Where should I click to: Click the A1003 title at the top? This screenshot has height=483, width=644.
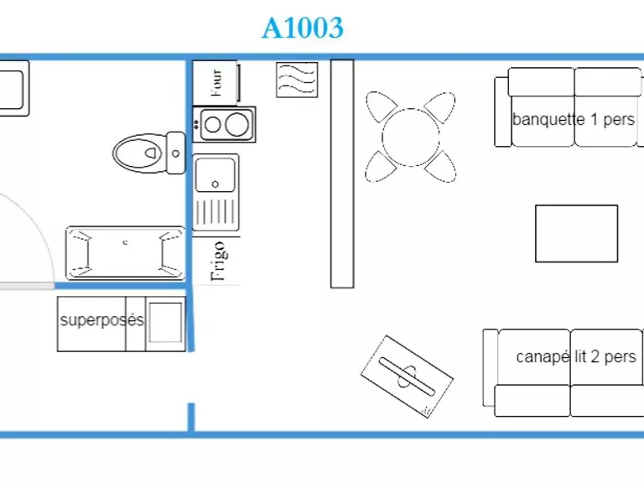[302, 28]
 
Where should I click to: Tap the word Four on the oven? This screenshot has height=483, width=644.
[216, 83]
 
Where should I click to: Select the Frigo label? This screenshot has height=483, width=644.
[218, 262]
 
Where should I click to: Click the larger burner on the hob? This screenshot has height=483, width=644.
[236, 124]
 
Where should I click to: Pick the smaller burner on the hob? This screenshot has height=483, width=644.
[212, 125]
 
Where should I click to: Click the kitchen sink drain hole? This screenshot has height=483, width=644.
[215, 184]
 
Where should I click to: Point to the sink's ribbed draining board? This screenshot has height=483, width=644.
[216, 211]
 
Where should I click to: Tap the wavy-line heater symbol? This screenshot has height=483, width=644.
[297, 80]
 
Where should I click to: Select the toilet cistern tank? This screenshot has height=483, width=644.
[176, 153]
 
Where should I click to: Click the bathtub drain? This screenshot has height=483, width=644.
[125, 242]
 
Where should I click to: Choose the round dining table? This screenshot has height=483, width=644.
[411, 138]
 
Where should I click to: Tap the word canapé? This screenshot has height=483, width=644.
[543, 357]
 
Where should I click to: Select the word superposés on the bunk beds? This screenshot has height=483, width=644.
[101, 320]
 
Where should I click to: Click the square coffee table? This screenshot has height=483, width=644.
[577, 234]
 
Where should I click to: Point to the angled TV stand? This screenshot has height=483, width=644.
[407, 377]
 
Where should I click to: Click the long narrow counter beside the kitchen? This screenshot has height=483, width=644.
[342, 174]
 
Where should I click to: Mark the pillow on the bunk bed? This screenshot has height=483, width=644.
[165, 322]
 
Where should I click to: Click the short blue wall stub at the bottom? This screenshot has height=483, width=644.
[191, 418]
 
